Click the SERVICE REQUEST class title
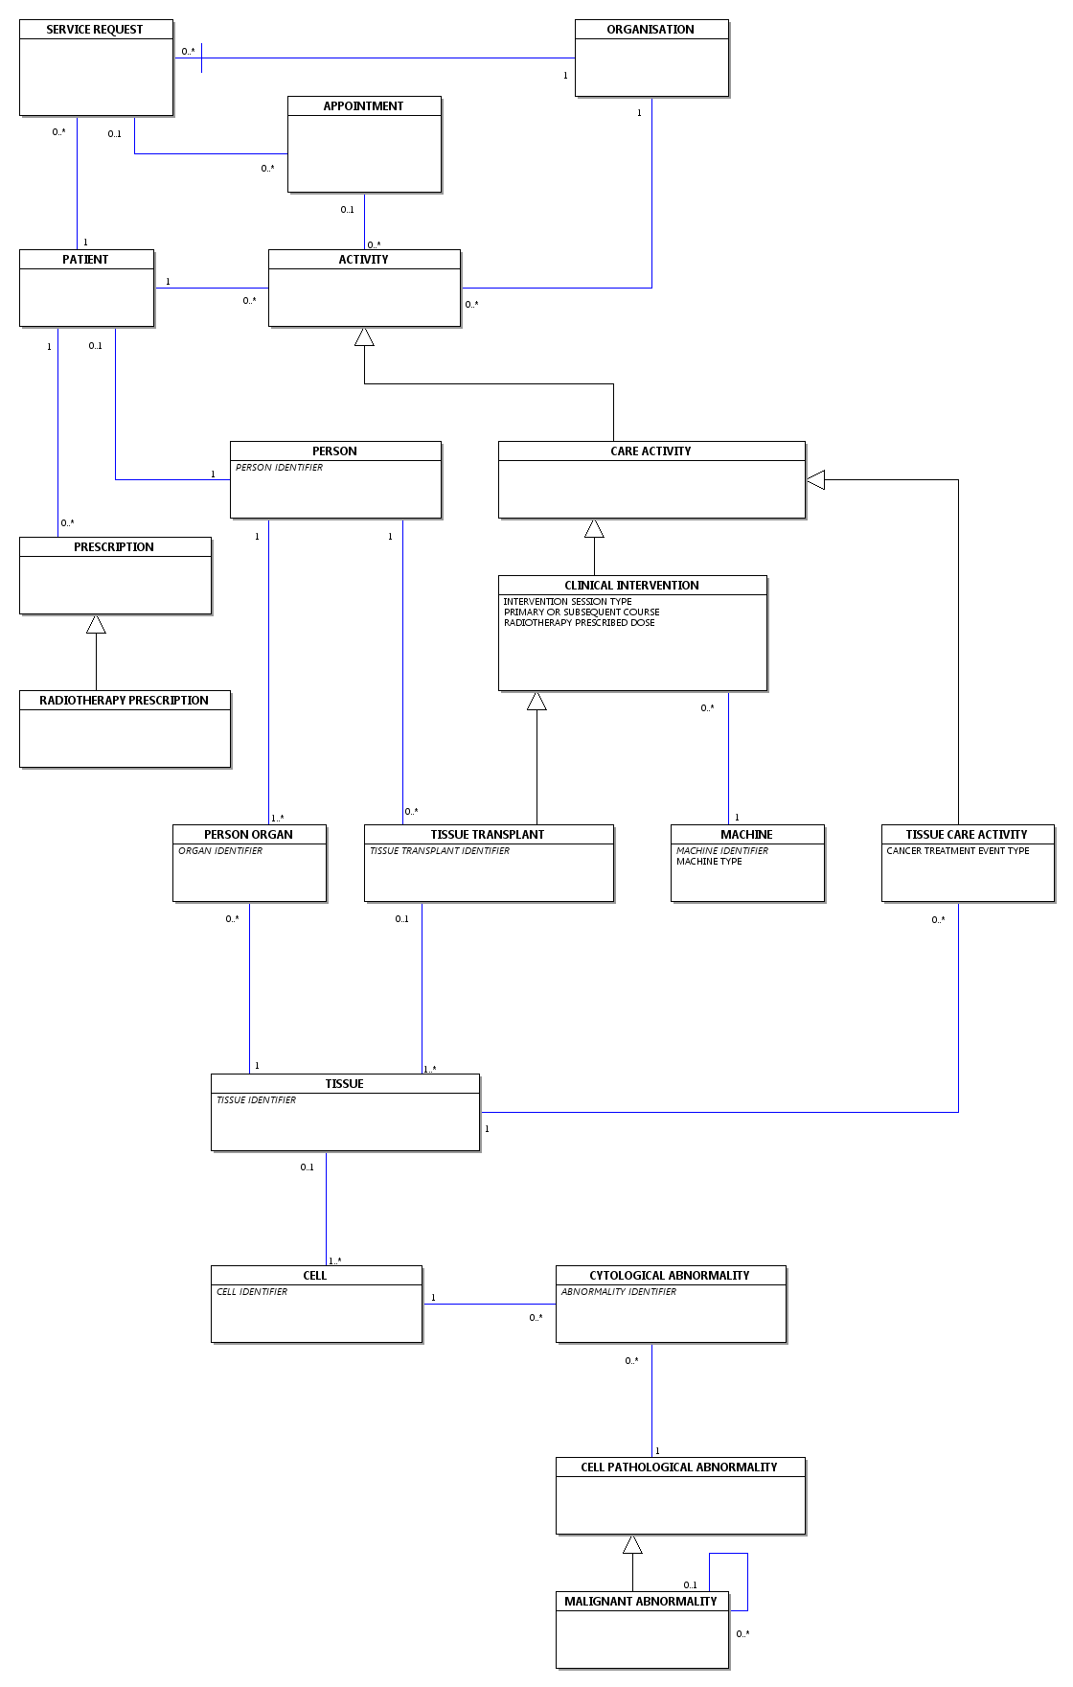point(95,30)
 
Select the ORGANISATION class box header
point(651,30)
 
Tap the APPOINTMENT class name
point(363,106)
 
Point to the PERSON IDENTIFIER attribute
point(279,468)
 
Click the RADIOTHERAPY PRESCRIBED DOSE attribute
point(580,623)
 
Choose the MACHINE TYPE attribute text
point(709,862)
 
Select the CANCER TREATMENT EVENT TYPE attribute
point(958,851)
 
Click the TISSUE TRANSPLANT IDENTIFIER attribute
point(440,851)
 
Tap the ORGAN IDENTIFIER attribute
point(220,851)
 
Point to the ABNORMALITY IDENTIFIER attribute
point(619,1292)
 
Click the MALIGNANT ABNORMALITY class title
point(641,1602)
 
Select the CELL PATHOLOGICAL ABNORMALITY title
point(679,1467)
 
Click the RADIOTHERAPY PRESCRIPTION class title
point(124,701)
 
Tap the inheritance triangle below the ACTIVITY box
point(364,336)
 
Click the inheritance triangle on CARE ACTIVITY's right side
point(815,479)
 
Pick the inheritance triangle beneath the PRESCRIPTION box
point(96,624)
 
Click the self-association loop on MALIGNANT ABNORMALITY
point(747,1582)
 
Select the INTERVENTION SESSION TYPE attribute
point(567,602)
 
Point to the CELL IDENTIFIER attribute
point(252,1292)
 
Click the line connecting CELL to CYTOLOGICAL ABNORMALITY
point(490,1304)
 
